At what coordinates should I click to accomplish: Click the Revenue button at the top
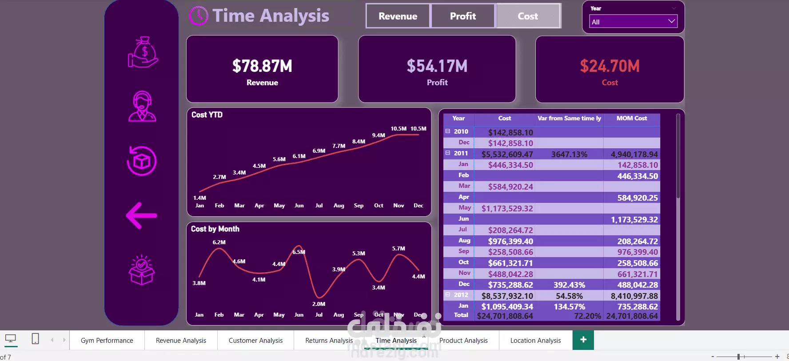[x=398, y=16]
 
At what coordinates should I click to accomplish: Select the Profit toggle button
[x=462, y=16]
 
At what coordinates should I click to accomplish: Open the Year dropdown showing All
[x=633, y=21]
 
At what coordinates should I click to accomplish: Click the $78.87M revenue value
[x=262, y=66]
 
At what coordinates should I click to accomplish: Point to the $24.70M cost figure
[x=610, y=66]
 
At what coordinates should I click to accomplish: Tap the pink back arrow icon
[x=142, y=216]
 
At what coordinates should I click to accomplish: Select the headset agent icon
[x=142, y=107]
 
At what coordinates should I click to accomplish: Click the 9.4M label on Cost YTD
[x=379, y=135]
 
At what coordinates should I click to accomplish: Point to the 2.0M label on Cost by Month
[x=319, y=304]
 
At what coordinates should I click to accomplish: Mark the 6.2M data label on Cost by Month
[x=219, y=242]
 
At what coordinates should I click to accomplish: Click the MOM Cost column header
[x=631, y=119]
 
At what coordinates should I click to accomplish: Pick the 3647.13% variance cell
[x=569, y=155]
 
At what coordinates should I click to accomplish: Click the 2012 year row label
[x=461, y=295]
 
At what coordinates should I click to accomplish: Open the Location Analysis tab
[x=535, y=341]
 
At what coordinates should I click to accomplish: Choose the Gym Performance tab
[x=107, y=341]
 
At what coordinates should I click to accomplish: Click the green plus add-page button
[x=583, y=340]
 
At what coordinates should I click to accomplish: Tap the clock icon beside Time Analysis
[x=198, y=16]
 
